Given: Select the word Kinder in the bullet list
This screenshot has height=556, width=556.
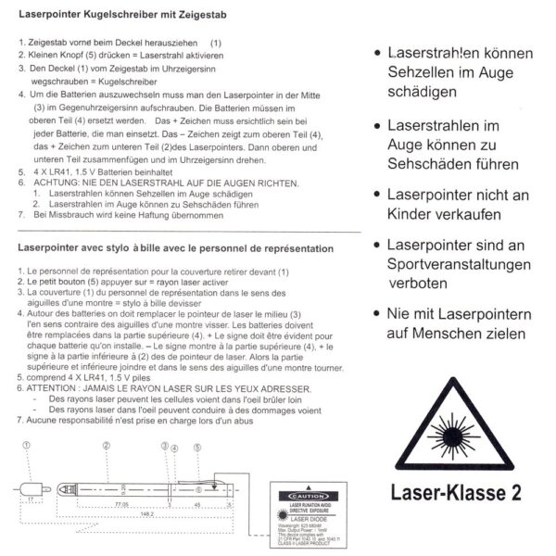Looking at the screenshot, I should tap(416, 217).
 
